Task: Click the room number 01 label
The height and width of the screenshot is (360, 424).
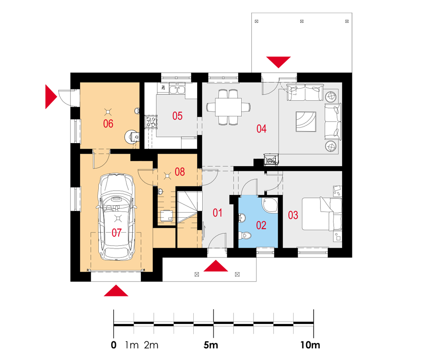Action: (218, 213)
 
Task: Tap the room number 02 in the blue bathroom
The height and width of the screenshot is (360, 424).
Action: (261, 225)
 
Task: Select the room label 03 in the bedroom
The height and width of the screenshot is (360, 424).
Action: (293, 215)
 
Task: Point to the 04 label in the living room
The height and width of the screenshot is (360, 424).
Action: (262, 129)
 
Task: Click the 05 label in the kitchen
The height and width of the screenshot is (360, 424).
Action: (177, 116)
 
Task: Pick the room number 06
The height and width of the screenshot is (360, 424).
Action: (108, 124)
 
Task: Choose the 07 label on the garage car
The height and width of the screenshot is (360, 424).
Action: (117, 233)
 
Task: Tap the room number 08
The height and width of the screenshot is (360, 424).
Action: (180, 172)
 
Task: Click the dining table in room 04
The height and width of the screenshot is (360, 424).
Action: (228, 107)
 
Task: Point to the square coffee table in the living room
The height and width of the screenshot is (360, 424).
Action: (306, 122)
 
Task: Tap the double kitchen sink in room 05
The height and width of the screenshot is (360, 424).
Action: (177, 89)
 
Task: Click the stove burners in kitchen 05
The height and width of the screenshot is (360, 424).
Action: (151, 122)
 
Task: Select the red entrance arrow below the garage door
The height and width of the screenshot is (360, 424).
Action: (116, 291)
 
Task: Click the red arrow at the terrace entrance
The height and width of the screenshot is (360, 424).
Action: (279, 62)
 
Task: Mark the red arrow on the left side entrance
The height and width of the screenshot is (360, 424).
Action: (51, 97)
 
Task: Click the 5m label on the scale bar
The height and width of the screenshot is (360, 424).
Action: (211, 345)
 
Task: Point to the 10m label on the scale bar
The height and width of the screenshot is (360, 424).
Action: (310, 345)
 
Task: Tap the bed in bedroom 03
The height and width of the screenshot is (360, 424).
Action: (322, 214)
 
